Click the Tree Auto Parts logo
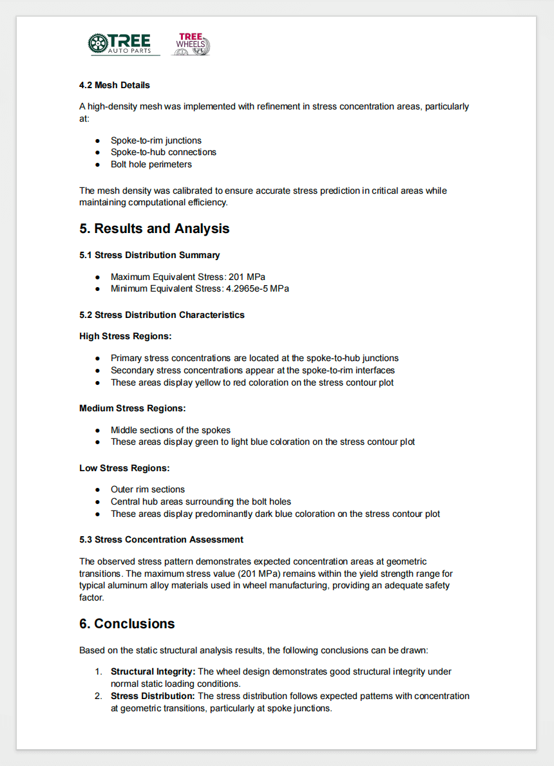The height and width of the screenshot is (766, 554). [x=124, y=44]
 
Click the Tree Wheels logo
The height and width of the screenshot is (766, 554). [x=191, y=44]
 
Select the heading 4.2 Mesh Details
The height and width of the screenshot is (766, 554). [x=115, y=85]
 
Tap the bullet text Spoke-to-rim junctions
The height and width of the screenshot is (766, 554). [x=156, y=140]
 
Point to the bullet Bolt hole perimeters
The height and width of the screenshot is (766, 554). [x=151, y=164]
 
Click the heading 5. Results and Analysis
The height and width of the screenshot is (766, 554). [x=154, y=229]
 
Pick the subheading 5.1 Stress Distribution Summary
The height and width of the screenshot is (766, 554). [x=149, y=255]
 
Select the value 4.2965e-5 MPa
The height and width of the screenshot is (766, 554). [x=257, y=288]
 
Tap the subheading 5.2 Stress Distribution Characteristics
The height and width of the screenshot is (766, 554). [x=162, y=315]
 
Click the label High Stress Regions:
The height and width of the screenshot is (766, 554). [x=125, y=336]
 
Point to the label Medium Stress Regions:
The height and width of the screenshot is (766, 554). [x=132, y=408]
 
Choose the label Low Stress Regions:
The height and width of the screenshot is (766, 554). [x=124, y=468]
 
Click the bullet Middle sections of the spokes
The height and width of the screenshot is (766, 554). [x=170, y=430]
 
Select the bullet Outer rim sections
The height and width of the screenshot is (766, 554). [x=148, y=489]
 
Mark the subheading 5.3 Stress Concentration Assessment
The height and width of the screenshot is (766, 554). [x=161, y=539]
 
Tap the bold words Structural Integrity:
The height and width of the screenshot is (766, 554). [x=153, y=672]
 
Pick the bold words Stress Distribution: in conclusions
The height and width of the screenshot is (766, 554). [x=153, y=696]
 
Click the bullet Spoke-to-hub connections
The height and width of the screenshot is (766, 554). [x=163, y=152]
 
